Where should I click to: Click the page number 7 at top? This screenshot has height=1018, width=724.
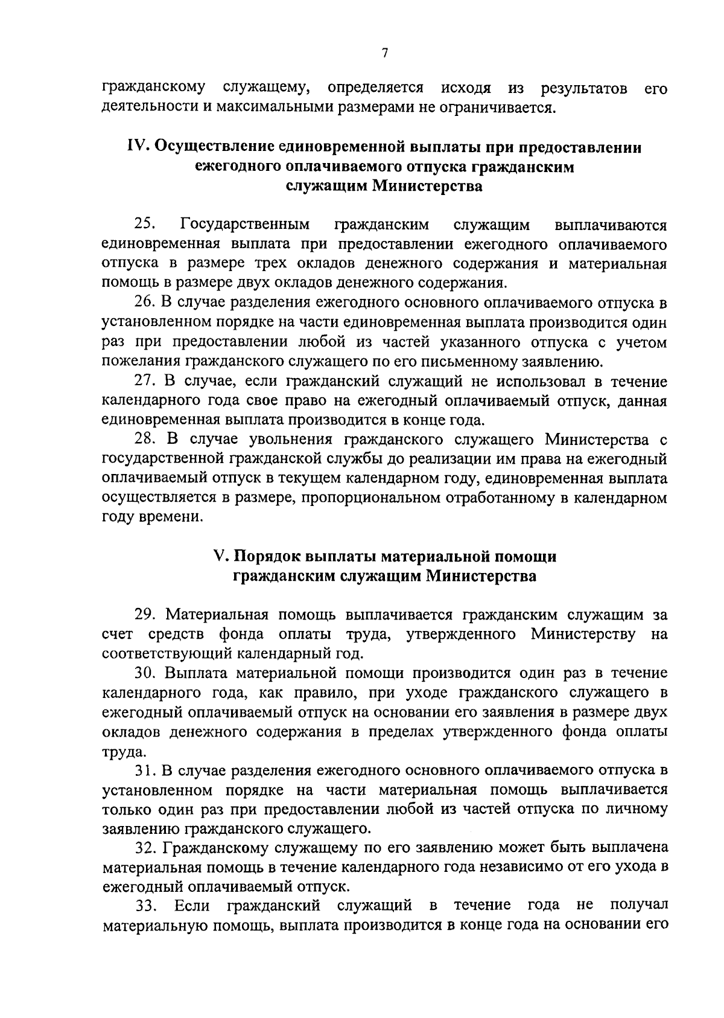click(x=384, y=54)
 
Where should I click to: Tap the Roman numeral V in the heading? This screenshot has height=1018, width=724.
click(x=220, y=556)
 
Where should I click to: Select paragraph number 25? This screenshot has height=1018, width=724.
click(x=145, y=225)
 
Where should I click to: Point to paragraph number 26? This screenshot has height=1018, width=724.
click(x=145, y=303)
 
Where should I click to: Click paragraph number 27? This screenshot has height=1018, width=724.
click(x=145, y=382)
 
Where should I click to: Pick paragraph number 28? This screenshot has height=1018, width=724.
click(x=145, y=440)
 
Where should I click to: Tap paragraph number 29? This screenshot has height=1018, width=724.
click(x=145, y=615)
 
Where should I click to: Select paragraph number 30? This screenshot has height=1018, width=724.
click(x=145, y=673)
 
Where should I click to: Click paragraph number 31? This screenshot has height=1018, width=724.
click(x=145, y=770)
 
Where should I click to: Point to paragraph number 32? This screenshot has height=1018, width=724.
click(x=145, y=848)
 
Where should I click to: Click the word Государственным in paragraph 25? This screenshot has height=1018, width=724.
click(x=245, y=225)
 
